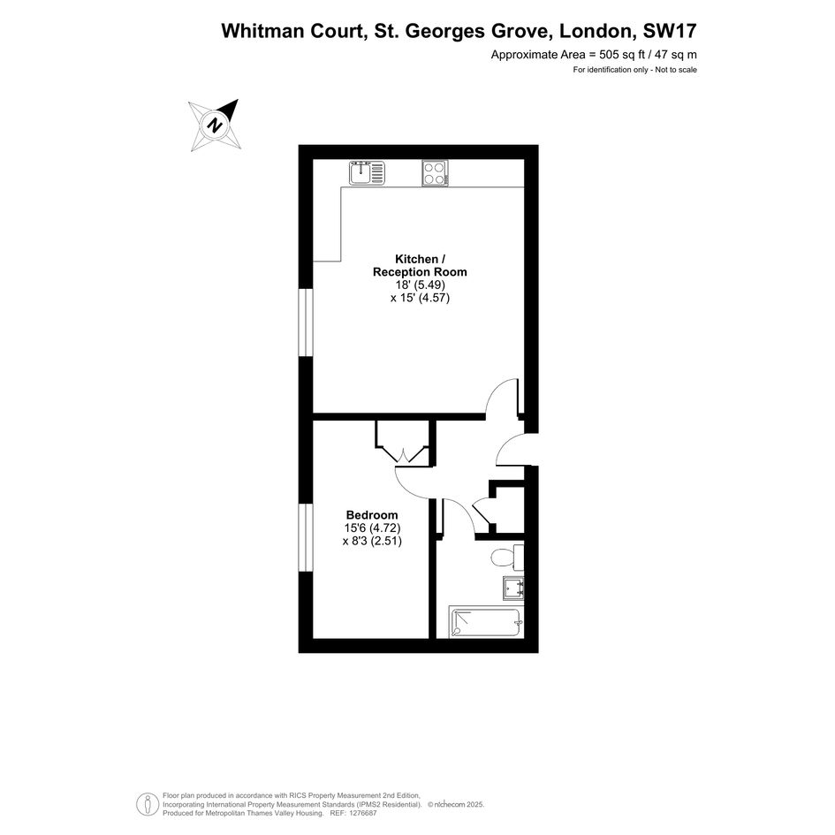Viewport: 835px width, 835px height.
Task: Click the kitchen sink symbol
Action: click(367, 173)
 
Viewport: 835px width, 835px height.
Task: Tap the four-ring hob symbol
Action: click(435, 173)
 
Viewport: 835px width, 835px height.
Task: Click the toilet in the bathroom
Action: click(507, 558)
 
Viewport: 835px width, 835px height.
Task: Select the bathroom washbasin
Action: click(513, 588)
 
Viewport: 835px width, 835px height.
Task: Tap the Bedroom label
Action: click(372, 515)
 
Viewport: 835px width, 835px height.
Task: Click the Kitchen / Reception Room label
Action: click(420, 265)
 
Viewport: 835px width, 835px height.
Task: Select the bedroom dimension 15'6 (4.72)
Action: click(372, 528)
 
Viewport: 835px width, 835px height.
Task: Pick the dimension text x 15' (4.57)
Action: click(421, 298)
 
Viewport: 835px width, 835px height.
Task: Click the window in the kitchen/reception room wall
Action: click(305, 323)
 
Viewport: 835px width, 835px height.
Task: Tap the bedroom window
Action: click(305, 538)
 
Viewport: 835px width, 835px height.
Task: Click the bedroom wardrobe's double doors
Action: click(403, 455)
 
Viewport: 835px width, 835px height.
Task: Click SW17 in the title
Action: click(670, 31)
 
